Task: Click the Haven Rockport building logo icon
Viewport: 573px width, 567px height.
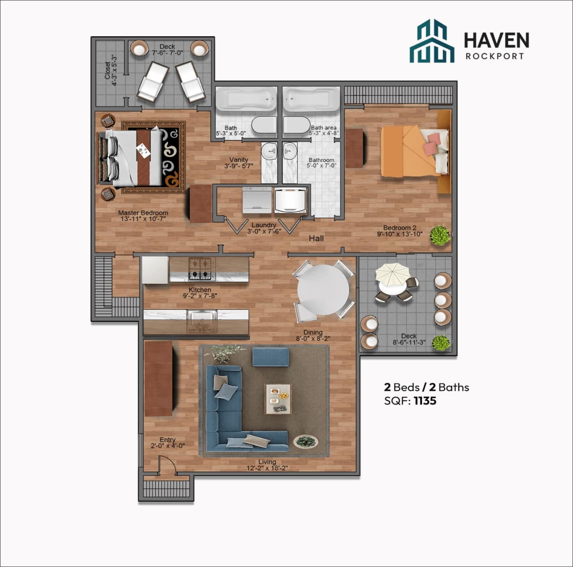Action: [x=431, y=41]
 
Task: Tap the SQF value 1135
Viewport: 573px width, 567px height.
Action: [x=425, y=401]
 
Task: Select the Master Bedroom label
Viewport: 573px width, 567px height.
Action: [x=143, y=213]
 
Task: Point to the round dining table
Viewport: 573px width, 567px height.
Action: [x=323, y=290]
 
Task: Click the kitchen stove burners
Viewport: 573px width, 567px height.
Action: [x=200, y=269]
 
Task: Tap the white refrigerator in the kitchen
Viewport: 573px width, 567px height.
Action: [x=155, y=270]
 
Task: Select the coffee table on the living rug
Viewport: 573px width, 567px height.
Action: [x=278, y=398]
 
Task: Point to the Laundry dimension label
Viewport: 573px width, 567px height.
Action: [x=264, y=232]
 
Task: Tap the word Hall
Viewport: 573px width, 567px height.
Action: [x=316, y=238]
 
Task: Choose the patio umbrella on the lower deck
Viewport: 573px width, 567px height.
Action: [x=392, y=273]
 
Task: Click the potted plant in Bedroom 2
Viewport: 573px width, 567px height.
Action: [x=440, y=235]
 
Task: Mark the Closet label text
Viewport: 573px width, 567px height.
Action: [x=107, y=71]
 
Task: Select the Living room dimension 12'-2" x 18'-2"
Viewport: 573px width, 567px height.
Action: [x=267, y=468]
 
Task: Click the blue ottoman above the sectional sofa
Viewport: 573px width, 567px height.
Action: [x=270, y=357]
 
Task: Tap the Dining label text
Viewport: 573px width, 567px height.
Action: [x=313, y=332]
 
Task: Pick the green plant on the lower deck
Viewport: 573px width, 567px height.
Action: [x=441, y=343]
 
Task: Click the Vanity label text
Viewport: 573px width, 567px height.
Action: [x=239, y=160]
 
